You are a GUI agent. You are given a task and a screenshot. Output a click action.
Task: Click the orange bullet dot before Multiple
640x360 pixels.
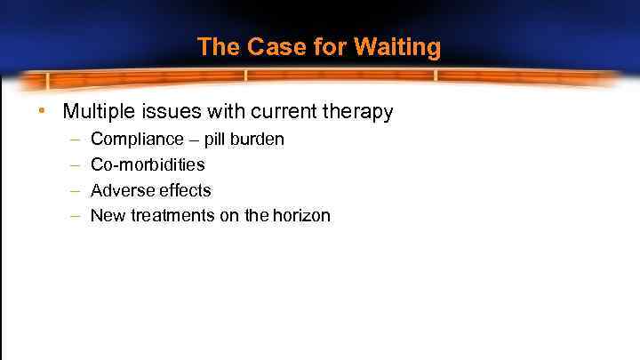tap(41, 112)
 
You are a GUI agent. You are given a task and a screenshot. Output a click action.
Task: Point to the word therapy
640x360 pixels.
tap(361, 113)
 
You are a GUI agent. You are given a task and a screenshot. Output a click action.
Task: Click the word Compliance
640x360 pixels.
tap(133, 140)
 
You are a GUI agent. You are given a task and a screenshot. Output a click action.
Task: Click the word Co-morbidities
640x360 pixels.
tap(148, 164)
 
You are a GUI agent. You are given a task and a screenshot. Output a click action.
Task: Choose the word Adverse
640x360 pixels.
tap(120, 190)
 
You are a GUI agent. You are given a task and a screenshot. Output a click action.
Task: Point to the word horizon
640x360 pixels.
tap(300, 215)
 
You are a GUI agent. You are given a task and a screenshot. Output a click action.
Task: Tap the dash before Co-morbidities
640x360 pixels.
tap(73, 165)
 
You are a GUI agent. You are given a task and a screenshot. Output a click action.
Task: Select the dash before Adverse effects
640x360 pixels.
tap(73, 190)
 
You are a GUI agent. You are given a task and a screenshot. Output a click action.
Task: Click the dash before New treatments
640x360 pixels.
tap(73, 216)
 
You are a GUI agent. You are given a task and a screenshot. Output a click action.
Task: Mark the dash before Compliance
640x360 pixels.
tap(73, 140)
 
